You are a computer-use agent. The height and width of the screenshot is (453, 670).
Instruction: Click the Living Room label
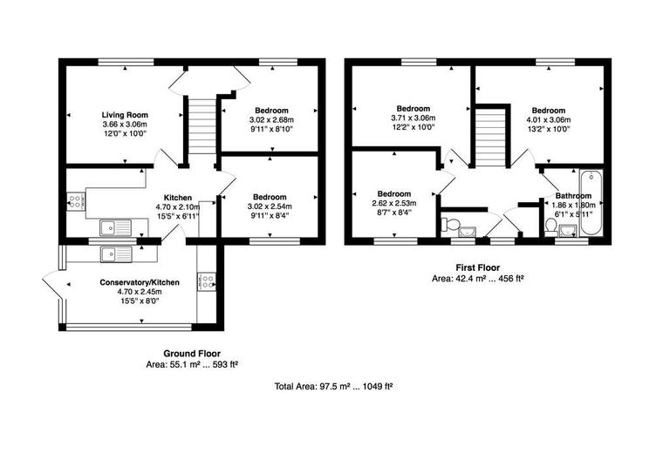pyautogui.click(x=125, y=114)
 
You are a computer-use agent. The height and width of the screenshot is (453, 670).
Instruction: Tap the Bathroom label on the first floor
pyautogui.click(x=574, y=196)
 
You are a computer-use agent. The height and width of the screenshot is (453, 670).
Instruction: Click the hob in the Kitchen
pyautogui.click(x=75, y=201)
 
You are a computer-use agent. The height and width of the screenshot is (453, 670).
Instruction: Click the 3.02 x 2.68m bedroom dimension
pyautogui.click(x=271, y=120)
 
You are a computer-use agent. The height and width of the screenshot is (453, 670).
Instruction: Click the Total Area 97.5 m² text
pyautogui.click(x=333, y=386)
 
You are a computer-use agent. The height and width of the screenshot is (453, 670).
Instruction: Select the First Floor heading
pyautogui.click(x=477, y=268)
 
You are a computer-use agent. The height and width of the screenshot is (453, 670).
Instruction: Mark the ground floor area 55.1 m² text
pyautogui.click(x=192, y=366)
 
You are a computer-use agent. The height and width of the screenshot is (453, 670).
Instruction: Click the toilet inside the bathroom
pyautogui.click(x=551, y=226)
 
